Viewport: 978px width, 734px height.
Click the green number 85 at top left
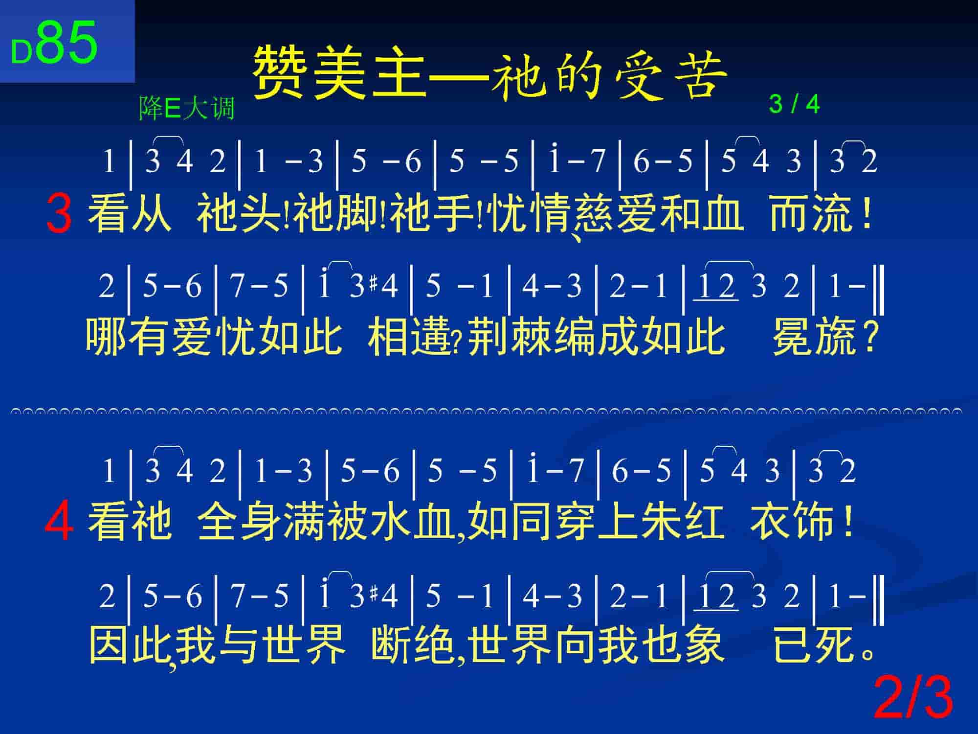tap(67, 43)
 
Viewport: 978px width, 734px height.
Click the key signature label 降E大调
tap(187, 108)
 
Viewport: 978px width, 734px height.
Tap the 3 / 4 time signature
tap(794, 104)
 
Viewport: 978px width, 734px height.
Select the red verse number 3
tap(59, 214)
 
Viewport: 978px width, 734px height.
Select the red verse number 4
tap(59, 523)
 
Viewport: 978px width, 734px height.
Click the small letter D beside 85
tap(22, 52)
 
